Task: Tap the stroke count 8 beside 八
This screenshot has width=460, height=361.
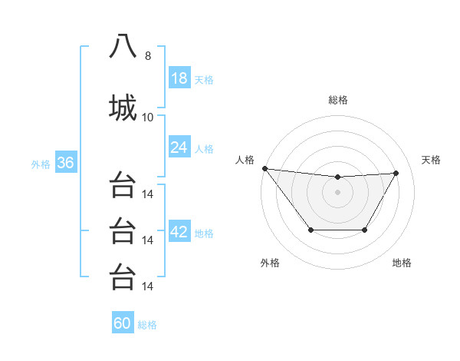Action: (x=148, y=56)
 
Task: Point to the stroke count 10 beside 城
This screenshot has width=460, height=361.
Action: (x=148, y=117)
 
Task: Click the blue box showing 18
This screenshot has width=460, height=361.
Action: (x=179, y=78)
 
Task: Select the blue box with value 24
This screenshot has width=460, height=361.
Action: (x=179, y=147)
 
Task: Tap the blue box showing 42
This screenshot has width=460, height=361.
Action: (x=179, y=233)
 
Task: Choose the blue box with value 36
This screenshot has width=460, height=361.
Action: (x=65, y=163)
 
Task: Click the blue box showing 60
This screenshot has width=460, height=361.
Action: (x=123, y=323)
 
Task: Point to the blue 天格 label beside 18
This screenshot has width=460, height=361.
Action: (x=204, y=79)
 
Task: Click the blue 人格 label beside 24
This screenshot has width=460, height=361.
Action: (x=204, y=147)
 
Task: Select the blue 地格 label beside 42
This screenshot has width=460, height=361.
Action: (x=204, y=233)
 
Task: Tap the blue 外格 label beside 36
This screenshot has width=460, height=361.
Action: (x=41, y=164)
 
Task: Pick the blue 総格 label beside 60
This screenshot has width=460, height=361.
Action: (x=147, y=324)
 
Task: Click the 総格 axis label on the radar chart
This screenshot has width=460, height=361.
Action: (x=337, y=100)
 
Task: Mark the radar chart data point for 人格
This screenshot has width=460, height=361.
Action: (x=264, y=168)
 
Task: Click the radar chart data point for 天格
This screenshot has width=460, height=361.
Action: (x=396, y=173)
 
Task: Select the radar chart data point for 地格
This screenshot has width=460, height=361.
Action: (x=365, y=230)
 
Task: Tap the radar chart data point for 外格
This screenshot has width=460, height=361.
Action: (x=310, y=230)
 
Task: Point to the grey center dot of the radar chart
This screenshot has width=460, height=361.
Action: (x=337, y=192)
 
